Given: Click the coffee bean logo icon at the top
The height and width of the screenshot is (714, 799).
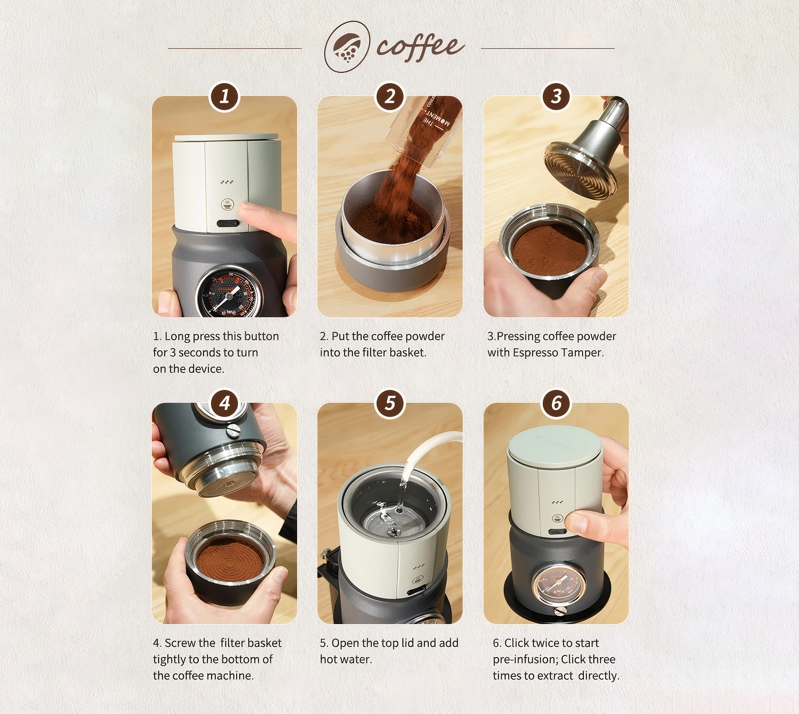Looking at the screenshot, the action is (347, 46).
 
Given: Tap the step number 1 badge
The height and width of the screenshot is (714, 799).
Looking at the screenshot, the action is (224, 96).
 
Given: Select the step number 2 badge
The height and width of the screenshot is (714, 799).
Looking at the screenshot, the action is (390, 96).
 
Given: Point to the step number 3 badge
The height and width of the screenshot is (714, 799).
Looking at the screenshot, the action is (556, 96).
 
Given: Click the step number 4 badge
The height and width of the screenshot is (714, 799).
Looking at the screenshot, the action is (224, 403).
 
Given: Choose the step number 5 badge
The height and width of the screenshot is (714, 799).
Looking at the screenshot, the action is (390, 403).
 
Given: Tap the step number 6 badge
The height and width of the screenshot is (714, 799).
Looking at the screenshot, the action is (556, 403).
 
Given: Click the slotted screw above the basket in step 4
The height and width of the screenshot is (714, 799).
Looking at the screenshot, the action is (232, 431).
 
